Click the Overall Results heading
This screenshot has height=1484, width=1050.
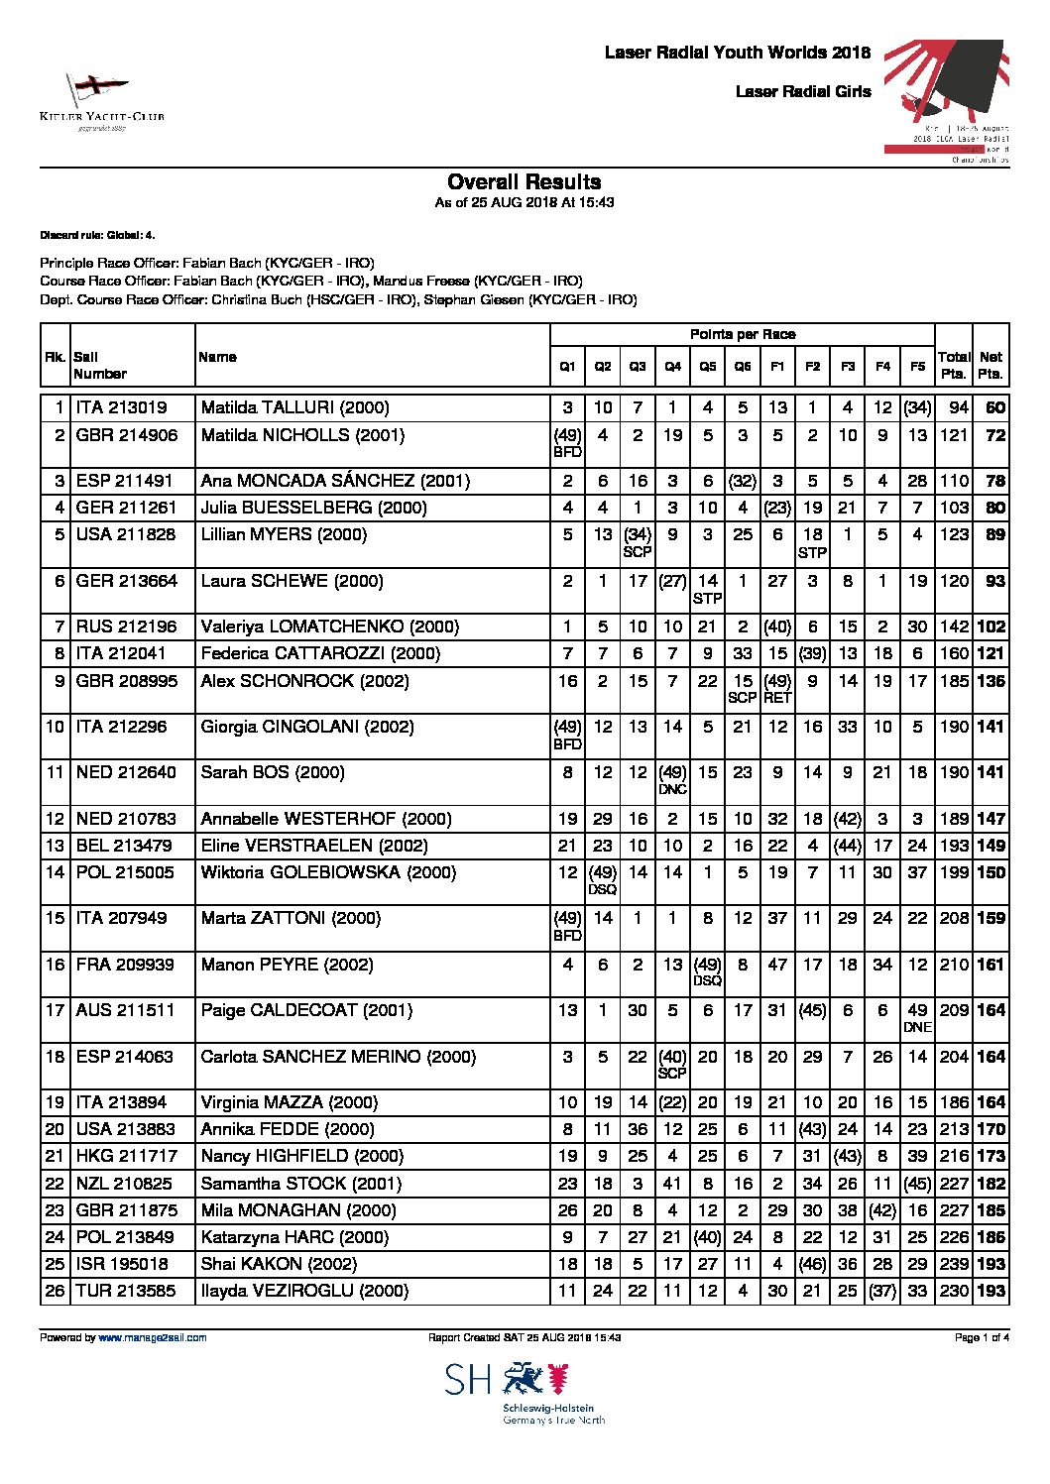[524, 182]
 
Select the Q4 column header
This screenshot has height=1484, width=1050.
[672, 367]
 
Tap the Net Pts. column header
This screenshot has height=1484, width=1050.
[990, 365]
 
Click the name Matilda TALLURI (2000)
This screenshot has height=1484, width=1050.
[294, 407]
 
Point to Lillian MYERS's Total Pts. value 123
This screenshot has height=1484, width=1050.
[953, 535]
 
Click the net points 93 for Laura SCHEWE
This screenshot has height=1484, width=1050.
[994, 582]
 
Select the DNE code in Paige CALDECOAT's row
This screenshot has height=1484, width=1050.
[917, 1028]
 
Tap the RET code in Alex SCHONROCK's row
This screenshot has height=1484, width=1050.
[777, 698]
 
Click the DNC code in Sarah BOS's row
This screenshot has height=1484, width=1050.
[672, 790]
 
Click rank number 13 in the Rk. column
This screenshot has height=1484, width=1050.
[56, 846]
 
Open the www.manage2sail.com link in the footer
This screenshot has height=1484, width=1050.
[152, 1338]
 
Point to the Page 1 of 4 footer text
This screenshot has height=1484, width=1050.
[981, 1338]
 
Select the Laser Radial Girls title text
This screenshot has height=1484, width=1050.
[803, 92]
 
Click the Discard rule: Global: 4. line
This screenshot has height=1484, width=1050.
[97, 235]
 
